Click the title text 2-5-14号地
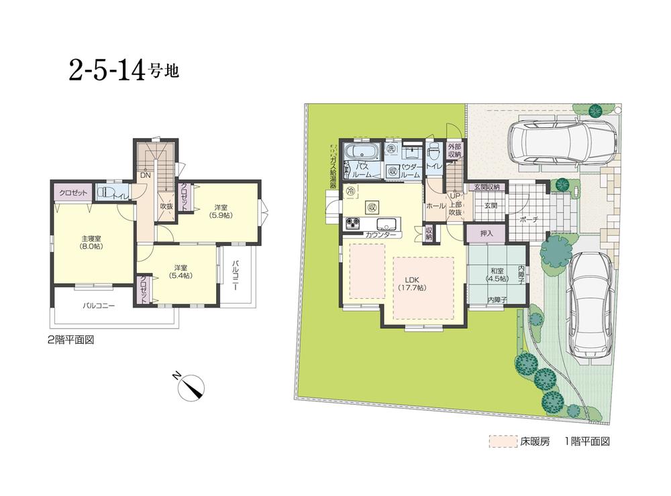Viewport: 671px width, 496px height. pos(123,70)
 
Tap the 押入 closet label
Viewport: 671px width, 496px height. pos(486,233)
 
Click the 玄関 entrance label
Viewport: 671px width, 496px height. pos(491,206)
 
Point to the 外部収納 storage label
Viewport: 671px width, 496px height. pos(455,150)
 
